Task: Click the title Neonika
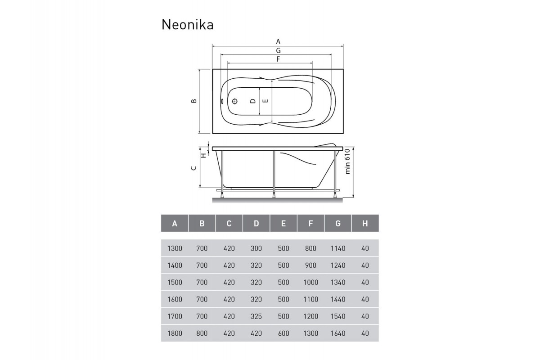(187, 24)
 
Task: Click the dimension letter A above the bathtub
(279, 41)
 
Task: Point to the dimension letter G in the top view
(279, 50)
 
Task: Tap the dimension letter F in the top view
(278, 59)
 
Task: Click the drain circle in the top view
(235, 101)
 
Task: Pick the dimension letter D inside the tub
(253, 101)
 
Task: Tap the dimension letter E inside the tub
(265, 101)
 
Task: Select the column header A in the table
(175, 223)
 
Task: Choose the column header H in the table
(364, 223)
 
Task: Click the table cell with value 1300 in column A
(175, 248)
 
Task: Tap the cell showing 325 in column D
(256, 316)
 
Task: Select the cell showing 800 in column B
(202, 333)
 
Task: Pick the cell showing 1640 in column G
(337, 333)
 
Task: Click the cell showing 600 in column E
(283, 333)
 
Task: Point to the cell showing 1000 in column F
(310, 283)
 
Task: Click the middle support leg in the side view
(273, 173)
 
